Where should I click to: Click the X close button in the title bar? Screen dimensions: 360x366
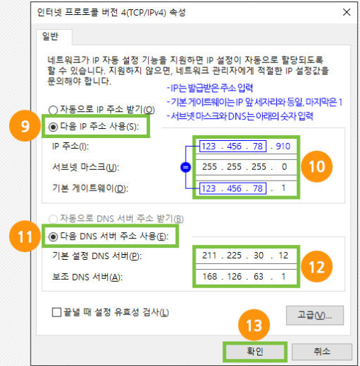click(347, 12)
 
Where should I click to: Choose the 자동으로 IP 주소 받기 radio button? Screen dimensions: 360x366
click(53, 110)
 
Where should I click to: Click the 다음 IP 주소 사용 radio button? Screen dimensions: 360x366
click(53, 127)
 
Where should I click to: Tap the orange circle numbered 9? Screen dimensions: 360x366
click(25, 126)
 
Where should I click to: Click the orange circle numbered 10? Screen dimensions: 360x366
click(317, 166)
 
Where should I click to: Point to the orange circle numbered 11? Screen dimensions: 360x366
click(25, 236)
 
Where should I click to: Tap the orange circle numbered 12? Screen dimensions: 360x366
click(317, 267)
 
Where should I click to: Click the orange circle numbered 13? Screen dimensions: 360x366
click(254, 325)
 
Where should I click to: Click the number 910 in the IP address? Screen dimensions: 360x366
click(283, 147)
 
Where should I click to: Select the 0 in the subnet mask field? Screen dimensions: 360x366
click(284, 167)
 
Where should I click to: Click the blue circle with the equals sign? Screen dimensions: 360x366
click(186, 167)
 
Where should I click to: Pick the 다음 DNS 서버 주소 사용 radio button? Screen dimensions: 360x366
click(53, 236)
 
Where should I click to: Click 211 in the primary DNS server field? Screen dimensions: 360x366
click(209, 256)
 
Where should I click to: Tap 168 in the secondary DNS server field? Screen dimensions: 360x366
click(210, 276)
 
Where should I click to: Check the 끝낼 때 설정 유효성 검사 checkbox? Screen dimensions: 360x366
click(57, 312)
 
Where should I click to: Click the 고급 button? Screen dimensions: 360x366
click(315, 316)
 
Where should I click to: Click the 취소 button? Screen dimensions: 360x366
click(322, 352)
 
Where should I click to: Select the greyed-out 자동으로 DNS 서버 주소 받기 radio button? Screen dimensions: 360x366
click(53, 219)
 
